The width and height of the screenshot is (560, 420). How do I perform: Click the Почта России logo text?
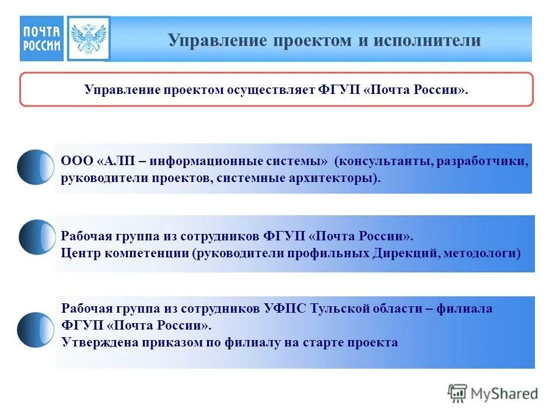pos(41,38)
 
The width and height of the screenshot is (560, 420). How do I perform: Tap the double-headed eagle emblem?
pos(88,38)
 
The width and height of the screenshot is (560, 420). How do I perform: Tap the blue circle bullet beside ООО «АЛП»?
pos(36,167)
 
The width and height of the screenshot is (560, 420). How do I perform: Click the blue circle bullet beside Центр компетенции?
pos(37,237)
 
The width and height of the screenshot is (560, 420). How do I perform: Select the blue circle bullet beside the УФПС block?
pos(36,330)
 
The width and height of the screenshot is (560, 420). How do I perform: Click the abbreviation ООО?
pos(75,160)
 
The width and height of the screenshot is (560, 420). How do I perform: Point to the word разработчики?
pos(480,160)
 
